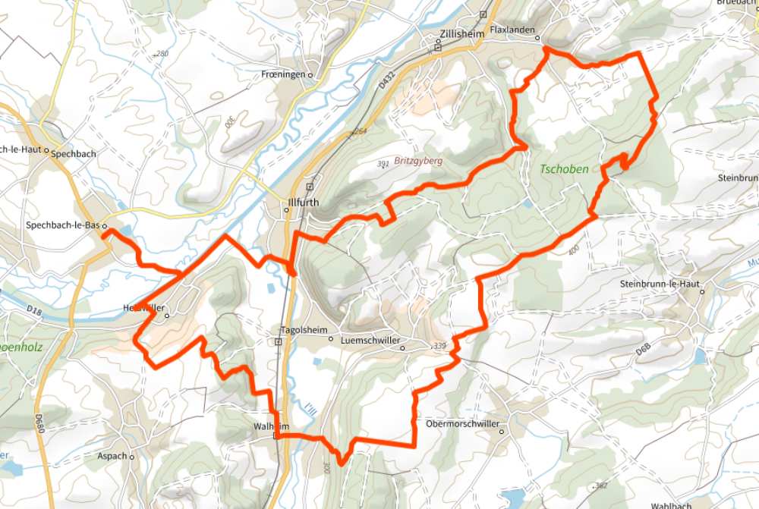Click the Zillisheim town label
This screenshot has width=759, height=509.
461,35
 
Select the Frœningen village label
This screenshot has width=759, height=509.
282,74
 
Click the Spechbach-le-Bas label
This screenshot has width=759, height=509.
63,225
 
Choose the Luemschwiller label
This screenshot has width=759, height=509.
370,341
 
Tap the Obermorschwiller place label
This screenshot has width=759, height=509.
462,423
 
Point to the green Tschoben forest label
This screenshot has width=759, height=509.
564,169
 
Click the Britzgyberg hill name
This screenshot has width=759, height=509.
418,161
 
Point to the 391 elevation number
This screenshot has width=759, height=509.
384,164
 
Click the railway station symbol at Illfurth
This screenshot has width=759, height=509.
310,187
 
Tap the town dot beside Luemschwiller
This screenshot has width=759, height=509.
403,349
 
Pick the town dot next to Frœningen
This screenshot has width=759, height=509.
310,75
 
